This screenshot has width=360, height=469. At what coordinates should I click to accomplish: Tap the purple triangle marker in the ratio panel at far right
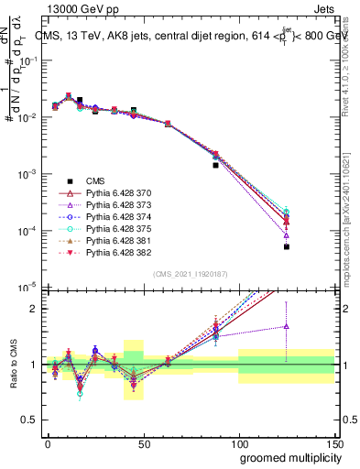click(287, 326)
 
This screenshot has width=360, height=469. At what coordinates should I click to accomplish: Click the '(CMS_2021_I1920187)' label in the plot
click(191, 274)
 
